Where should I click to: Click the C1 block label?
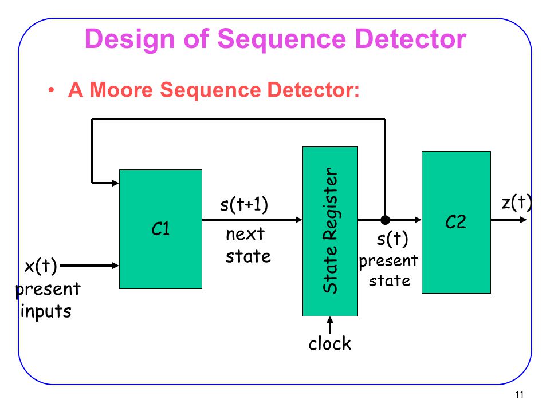pyautogui.click(x=160, y=229)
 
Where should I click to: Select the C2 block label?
pyautogui.click(x=455, y=222)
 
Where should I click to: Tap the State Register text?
pyautogui.click(x=330, y=230)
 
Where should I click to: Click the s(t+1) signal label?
pyautogui.click(x=244, y=205)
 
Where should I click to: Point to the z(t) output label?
pyautogui.click(x=517, y=203)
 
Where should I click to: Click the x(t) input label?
pyautogui.click(x=41, y=266)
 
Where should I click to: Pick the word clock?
pyautogui.click(x=330, y=343)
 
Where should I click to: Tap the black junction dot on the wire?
pyautogui.click(x=385, y=220)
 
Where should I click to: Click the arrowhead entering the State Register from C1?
pyautogui.click(x=299, y=220)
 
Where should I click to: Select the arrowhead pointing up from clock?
pyautogui.click(x=330, y=320)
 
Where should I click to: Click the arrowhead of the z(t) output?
pyautogui.click(x=523, y=220)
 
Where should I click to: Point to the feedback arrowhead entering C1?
pyautogui.click(x=116, y=183)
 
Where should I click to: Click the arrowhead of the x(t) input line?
pyautogui.click(x=116, y=266)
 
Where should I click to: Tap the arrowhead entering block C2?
pyautogui.click(x=418, y=220)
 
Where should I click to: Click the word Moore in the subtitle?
pyautogui.click(x=121, y=90)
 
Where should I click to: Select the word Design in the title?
pyautogui.click(x=130, y=39)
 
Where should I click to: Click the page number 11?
pyautogui.click(x=520, y=394)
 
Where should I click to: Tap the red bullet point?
pyautogui.click(x=52, y=90)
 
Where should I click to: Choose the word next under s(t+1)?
pyautogui.click(x=245, y=235)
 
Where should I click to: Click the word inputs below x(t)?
pyautogui.click(x=46, y=311)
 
